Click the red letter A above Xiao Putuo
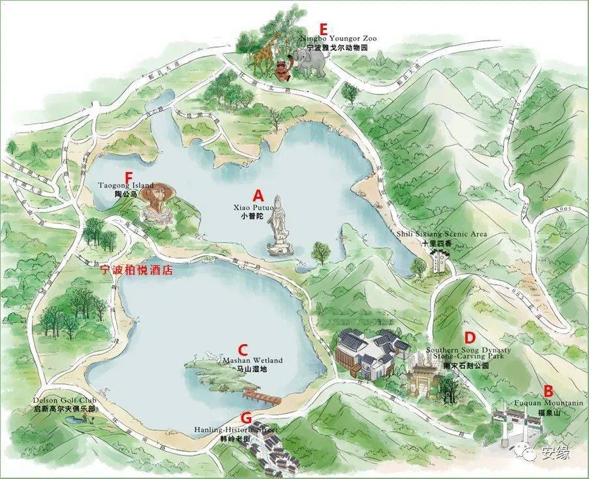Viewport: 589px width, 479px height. click(x=259, y=195)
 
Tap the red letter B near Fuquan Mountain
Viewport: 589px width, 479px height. click(x=549, y=391)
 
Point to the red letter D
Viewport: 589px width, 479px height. click(x=468, y=338)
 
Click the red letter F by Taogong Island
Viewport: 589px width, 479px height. click(x=128, y=177)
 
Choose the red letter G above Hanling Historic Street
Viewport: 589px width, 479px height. click(x=246, y=417)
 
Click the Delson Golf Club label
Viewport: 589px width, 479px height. click(x=65, y=404)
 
